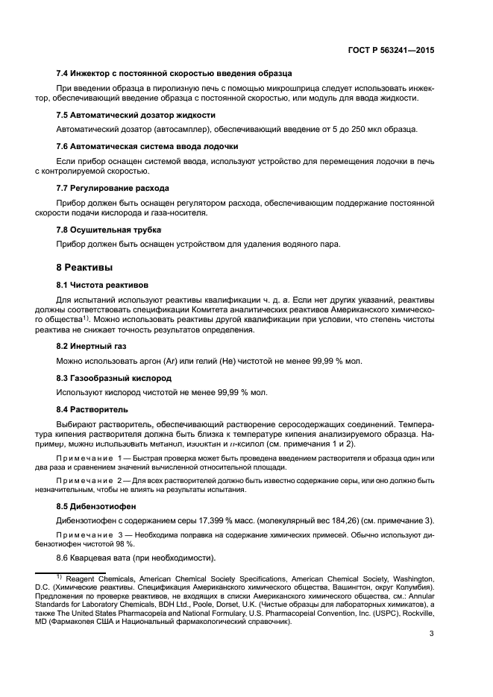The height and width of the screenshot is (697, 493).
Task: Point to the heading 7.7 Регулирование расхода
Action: coord(113,187)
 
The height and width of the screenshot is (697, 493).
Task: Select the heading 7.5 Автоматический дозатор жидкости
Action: coord(136,114)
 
